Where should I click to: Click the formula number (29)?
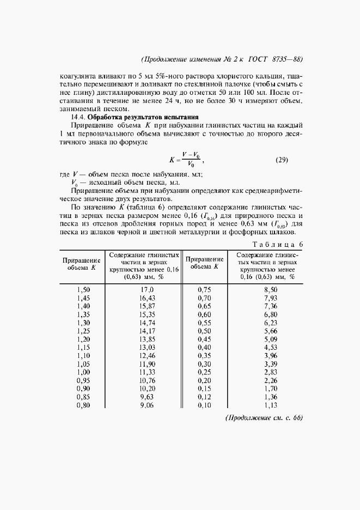click(281, 160)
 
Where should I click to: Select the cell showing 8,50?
click(271, 290)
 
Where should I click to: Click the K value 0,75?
click(205, 290)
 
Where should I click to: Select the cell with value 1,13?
click(271, 405)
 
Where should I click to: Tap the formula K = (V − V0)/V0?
click(186, 160)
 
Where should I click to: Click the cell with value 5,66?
click(271, 331)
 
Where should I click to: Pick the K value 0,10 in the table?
click(205, 405)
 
